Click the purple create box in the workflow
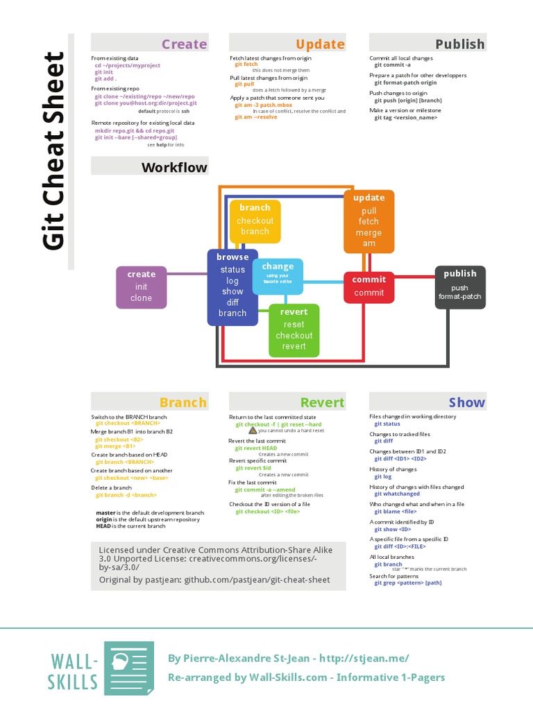[141, 286]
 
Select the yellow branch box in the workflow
[255, 220]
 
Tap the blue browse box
[232, 286]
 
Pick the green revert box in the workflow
[294, 329]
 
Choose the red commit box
[369, 286]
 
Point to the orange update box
[369, 220]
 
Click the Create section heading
[184, 44]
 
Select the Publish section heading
[459, 44]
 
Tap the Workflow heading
[174, 167]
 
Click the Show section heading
[466, 402]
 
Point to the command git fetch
[246, 64]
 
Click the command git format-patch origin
[405, 83]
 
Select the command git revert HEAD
[256, 448]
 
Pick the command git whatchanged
[397, 494]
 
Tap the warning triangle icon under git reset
[253, 430]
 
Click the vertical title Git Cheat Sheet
[54, 150]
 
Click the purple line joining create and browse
[187, 274]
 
